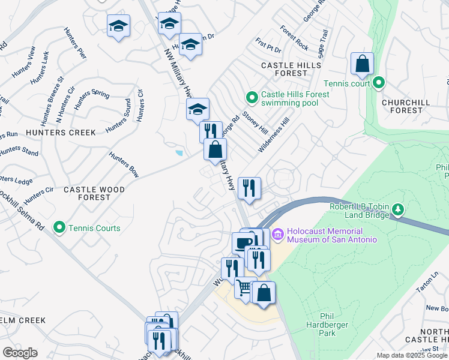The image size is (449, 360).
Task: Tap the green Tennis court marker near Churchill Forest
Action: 379,83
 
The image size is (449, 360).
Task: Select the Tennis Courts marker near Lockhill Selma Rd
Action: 59,227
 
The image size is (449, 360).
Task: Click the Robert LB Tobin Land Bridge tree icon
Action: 397,209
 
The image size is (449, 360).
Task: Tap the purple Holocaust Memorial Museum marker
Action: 277,233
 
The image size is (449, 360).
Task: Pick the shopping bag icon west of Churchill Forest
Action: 362,64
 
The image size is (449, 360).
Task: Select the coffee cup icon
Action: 243,243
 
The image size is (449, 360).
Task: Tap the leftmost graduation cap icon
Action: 118,26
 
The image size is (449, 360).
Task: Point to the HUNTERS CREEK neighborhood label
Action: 60,132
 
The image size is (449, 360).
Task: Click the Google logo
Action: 20,352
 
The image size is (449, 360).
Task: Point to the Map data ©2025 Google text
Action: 412,355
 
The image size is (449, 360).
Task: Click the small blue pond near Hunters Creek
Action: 179,153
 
